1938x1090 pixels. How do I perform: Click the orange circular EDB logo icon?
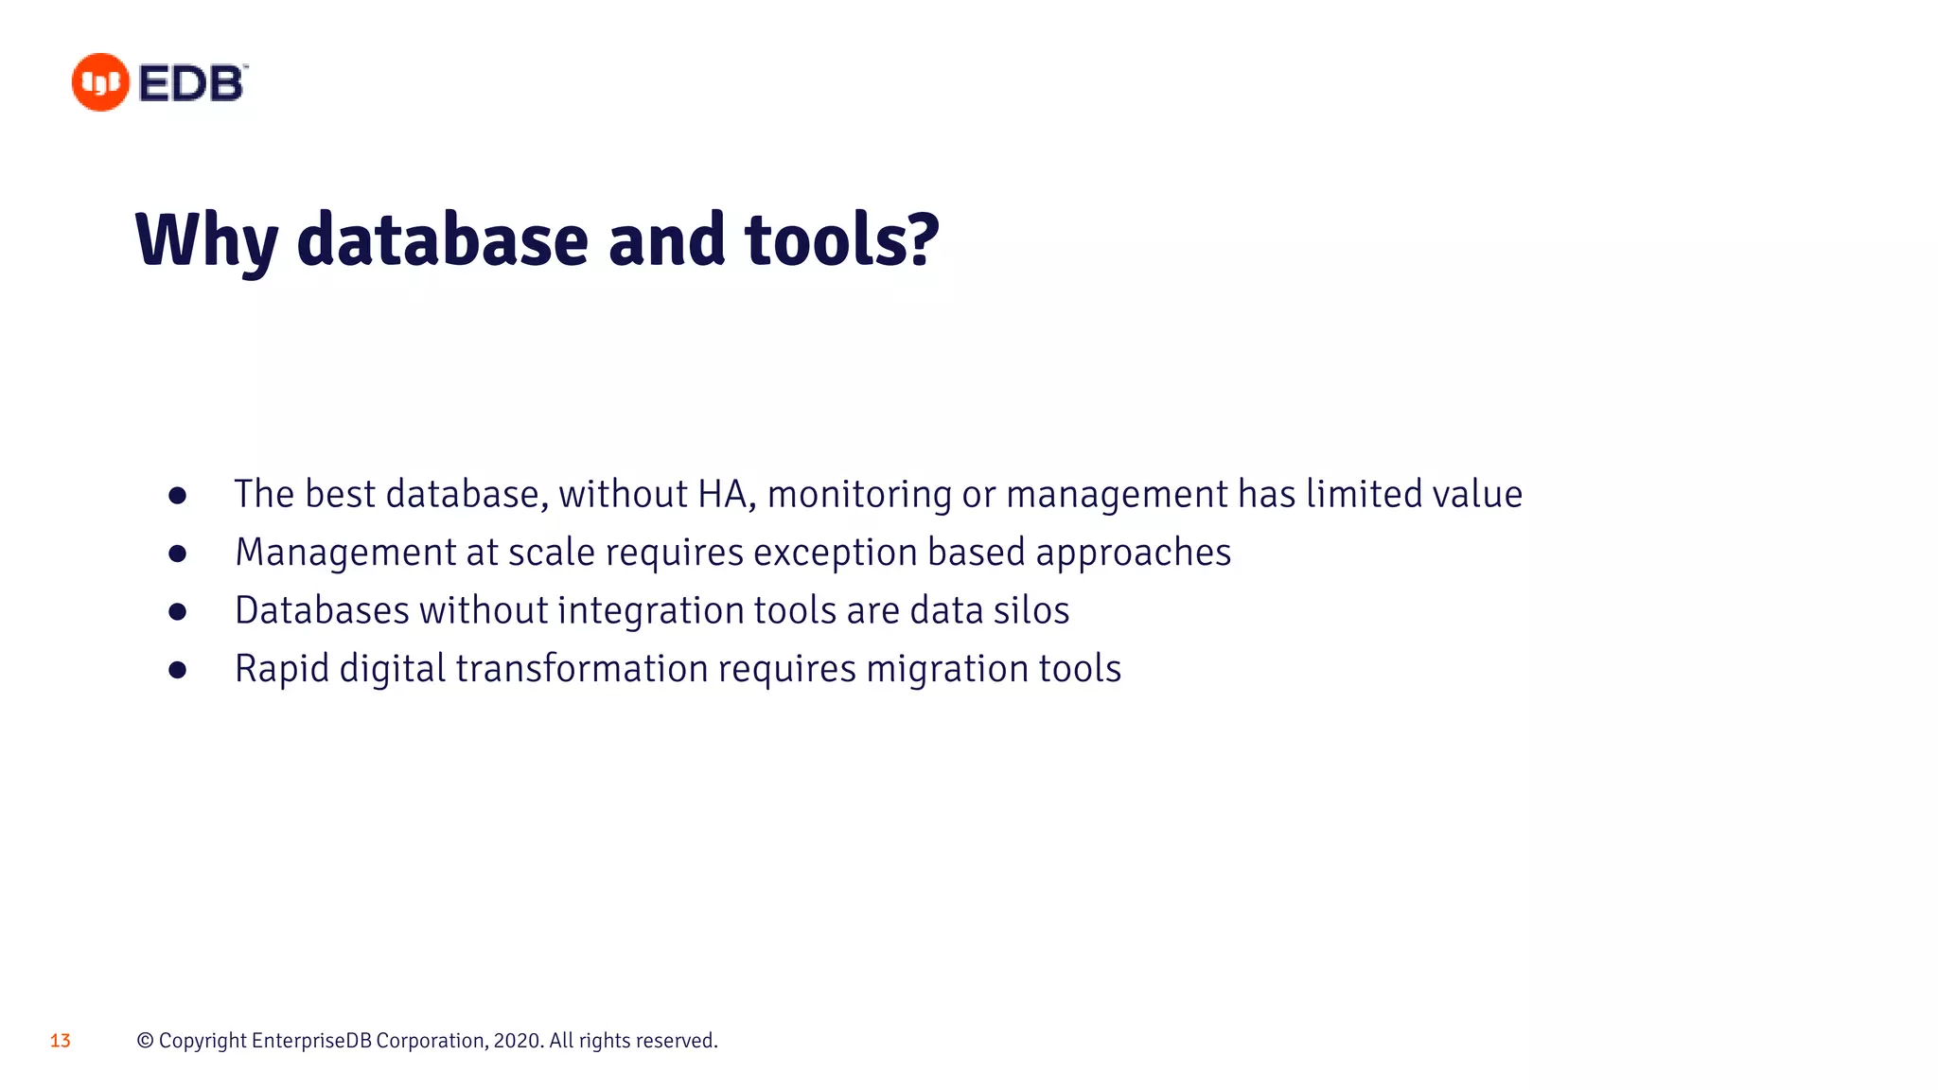click(100, 82)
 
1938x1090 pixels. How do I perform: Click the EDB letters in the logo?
click(192, 83)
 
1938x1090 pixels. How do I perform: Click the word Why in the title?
click(206, 240)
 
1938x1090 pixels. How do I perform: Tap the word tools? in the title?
click(842, 238)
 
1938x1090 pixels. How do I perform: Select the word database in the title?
click(442, 238)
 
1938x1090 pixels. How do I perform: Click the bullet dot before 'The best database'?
click(177, 496)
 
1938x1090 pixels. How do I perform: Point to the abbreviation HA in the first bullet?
click(724, 494)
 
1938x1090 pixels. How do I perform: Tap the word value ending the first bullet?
click(1477, 494)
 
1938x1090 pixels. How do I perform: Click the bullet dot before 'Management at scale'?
click(177, 554)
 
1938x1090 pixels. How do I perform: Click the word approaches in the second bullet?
click(1133, 554)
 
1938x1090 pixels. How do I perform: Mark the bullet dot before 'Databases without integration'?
click(177, 612)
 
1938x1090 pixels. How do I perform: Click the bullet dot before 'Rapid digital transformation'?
click(177, 670)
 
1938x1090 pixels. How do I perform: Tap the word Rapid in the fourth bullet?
click(281, 669)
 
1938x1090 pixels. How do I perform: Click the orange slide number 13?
click(61, 1041)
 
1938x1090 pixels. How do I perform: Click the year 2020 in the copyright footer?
click(517, 1041)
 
